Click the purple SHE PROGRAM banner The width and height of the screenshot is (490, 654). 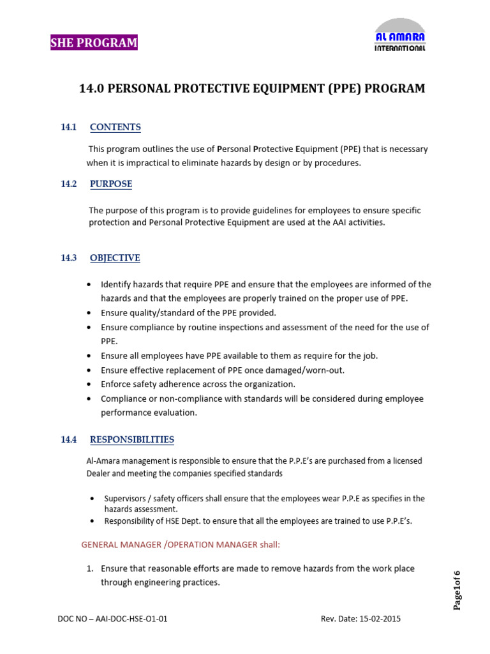point(94,43)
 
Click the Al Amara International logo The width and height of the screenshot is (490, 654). point(399,35)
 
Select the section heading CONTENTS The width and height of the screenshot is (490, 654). point(115,127)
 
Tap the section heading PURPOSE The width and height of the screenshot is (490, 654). point(111,184)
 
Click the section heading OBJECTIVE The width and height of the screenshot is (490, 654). point(115,258)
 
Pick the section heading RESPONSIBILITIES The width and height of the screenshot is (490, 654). point(132,439)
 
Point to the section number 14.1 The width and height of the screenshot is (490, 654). point(68,127)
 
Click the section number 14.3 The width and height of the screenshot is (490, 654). point(68,258)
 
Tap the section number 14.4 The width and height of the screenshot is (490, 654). point(68,439)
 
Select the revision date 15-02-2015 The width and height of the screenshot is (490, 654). point(380,619)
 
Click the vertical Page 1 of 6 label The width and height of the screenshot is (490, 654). point(457,589)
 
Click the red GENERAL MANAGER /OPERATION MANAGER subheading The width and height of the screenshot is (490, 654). point(181,544)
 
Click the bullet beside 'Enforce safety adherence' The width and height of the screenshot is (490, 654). point(88,384)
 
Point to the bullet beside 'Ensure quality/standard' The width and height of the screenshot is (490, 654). point(88,313)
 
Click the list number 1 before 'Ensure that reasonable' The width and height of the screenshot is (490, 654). point(90,568)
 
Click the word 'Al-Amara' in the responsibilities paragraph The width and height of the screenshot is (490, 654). point(101,460)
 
